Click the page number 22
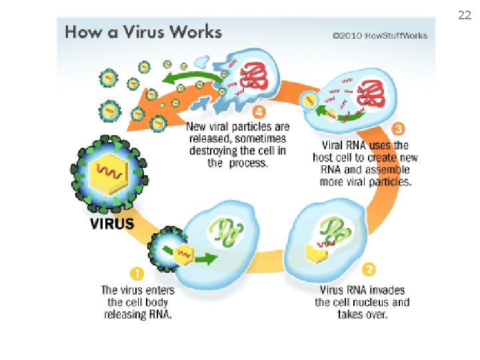tap(464, 15)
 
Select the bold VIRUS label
tap(112, 224)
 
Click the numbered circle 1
tap(136, 274)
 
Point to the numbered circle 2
tap(369, 269)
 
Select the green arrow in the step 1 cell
tap(207, 257)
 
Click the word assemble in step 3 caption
tap(387, 170)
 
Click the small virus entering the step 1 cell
tap(168, 250)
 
